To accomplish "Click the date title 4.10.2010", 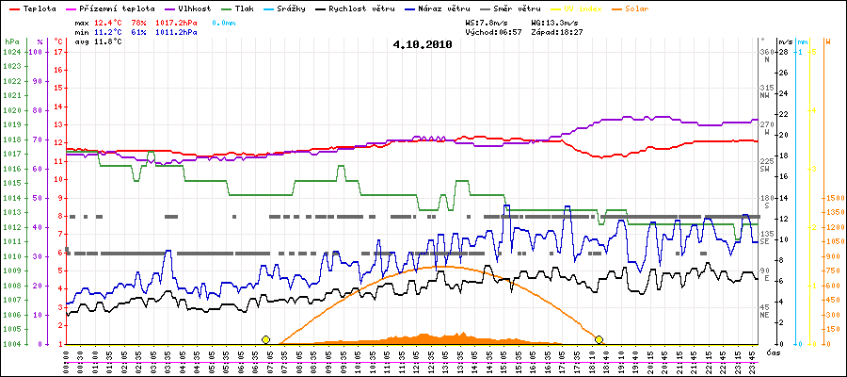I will (x=423, y=43).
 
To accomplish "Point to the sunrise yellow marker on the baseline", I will (x=265, y=339).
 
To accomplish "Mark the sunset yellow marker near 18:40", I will (x=599, y=339).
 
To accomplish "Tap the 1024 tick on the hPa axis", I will (x=11, y=52).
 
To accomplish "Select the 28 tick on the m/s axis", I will (x=783, y=52).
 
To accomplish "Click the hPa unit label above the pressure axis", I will (x=11, y=42).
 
